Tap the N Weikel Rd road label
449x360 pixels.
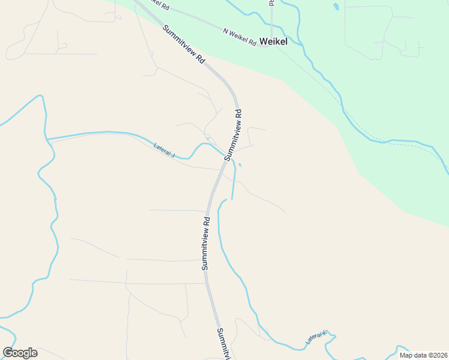(x=239, y=37)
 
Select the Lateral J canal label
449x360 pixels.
(x=164, y=150)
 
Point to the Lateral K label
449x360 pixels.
(x=317, y=338)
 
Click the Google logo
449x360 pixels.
(x=20, y=353)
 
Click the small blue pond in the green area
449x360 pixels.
(x=335, y=7)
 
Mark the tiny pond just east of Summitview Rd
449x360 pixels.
(x=240, y=164)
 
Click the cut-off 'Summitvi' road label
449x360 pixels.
(x=223, y=343)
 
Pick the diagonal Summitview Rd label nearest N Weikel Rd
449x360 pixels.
(x=184, y=45)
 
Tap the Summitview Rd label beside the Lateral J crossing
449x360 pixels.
(x=233, y=134)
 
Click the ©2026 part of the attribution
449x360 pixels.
(x=435, y=355)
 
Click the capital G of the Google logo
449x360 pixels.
(x=8, y=353)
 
